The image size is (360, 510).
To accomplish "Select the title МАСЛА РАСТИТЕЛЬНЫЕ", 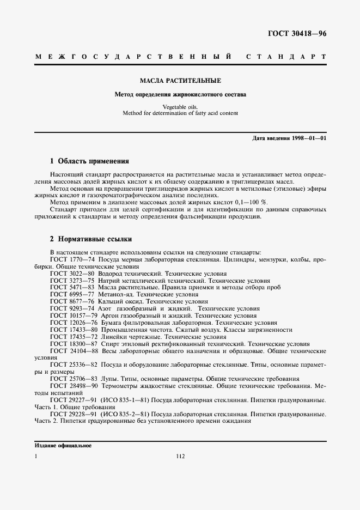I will coord(180,81).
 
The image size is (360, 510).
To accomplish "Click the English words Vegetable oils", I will coord(180,107).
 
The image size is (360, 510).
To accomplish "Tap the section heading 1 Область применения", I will coord(89,161).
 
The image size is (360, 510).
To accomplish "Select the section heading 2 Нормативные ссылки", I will coord(91,239).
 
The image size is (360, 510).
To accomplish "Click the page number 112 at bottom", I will coord(181,456).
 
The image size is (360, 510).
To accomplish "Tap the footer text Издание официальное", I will coord(63,445).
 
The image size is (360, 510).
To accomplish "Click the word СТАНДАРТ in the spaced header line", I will coord(286,57).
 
